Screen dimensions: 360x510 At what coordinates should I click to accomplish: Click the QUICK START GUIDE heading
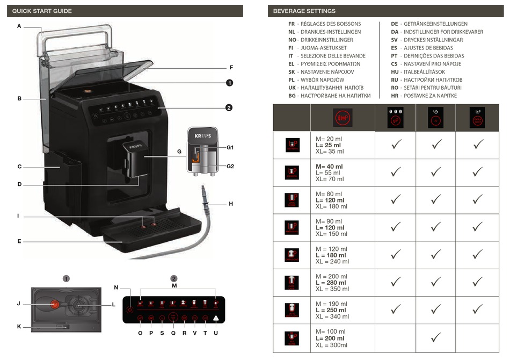coord(42,11)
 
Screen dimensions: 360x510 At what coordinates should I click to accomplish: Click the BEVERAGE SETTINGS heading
coord(304,11)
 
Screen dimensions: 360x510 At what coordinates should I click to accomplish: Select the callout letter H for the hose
coord(231,204)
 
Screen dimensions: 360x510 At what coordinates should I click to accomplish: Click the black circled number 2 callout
coord(229,108)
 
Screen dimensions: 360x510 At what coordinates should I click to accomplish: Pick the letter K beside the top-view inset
coord(19,326)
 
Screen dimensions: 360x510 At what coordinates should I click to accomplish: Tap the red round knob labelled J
coord(55,304)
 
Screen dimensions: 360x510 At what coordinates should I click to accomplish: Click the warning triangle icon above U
coord(216,318)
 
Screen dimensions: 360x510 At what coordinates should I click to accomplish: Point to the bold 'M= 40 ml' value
coord(329,167)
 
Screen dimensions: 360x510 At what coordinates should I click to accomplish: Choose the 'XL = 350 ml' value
coord(332,289)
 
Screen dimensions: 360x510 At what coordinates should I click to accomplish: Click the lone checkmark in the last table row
coord(436,337)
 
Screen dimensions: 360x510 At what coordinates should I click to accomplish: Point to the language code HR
coord(395,96)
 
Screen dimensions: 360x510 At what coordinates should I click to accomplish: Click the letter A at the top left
coord(19,26)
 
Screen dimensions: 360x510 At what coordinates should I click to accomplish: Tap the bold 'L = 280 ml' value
coord(331,283)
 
